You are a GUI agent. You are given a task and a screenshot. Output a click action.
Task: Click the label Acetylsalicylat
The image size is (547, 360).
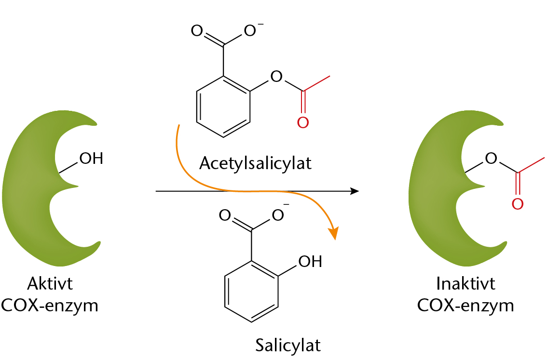255,163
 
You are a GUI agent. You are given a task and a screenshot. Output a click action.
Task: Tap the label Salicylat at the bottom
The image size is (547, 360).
288,345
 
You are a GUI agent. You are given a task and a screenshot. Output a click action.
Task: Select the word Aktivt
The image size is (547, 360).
50,283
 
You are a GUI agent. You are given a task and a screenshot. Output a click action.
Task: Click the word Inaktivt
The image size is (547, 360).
465,283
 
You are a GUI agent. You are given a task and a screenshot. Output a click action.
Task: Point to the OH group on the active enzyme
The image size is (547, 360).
91,158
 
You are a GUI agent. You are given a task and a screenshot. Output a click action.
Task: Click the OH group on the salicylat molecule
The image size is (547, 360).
310,261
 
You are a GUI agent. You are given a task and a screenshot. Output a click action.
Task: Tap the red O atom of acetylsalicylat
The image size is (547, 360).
303,122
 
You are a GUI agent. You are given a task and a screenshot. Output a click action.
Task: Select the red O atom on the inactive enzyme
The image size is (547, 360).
518,204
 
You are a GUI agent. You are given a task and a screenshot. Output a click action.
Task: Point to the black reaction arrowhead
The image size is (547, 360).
355,191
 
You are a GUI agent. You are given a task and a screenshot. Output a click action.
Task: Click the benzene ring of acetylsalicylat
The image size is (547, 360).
223,107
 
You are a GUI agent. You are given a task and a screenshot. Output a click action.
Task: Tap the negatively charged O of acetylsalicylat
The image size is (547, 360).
250,31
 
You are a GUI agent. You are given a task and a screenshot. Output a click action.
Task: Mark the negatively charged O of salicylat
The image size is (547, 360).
278,215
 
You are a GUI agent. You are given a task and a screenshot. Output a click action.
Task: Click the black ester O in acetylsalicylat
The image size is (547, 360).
276,76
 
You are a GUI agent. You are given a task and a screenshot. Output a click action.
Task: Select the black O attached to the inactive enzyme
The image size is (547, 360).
491,158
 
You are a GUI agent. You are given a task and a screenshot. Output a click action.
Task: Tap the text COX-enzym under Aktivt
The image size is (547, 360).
50,306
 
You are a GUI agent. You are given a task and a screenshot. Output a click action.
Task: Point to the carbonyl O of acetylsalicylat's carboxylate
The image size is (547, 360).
197,31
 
